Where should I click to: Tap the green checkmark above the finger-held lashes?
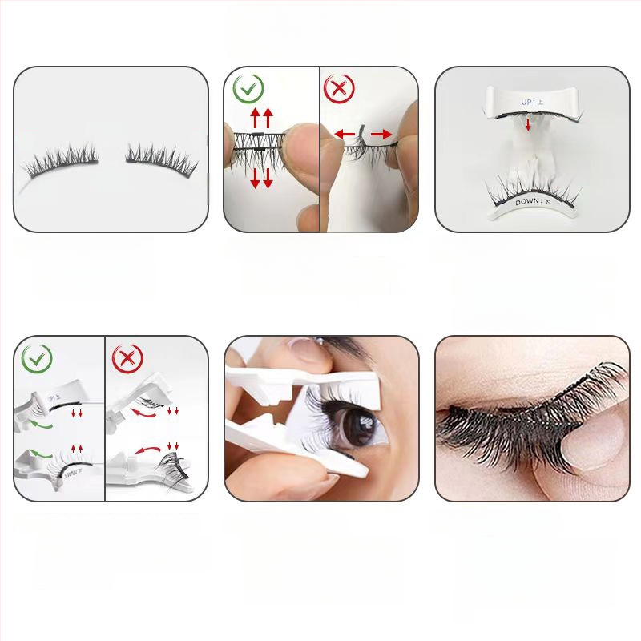tap(250, 90)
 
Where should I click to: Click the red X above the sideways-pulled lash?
tap(340, 90)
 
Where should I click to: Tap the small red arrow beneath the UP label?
tap(528, 125)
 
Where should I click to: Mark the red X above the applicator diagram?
tap(128, 358)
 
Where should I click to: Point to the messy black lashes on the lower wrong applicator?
tap(171, 466)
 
